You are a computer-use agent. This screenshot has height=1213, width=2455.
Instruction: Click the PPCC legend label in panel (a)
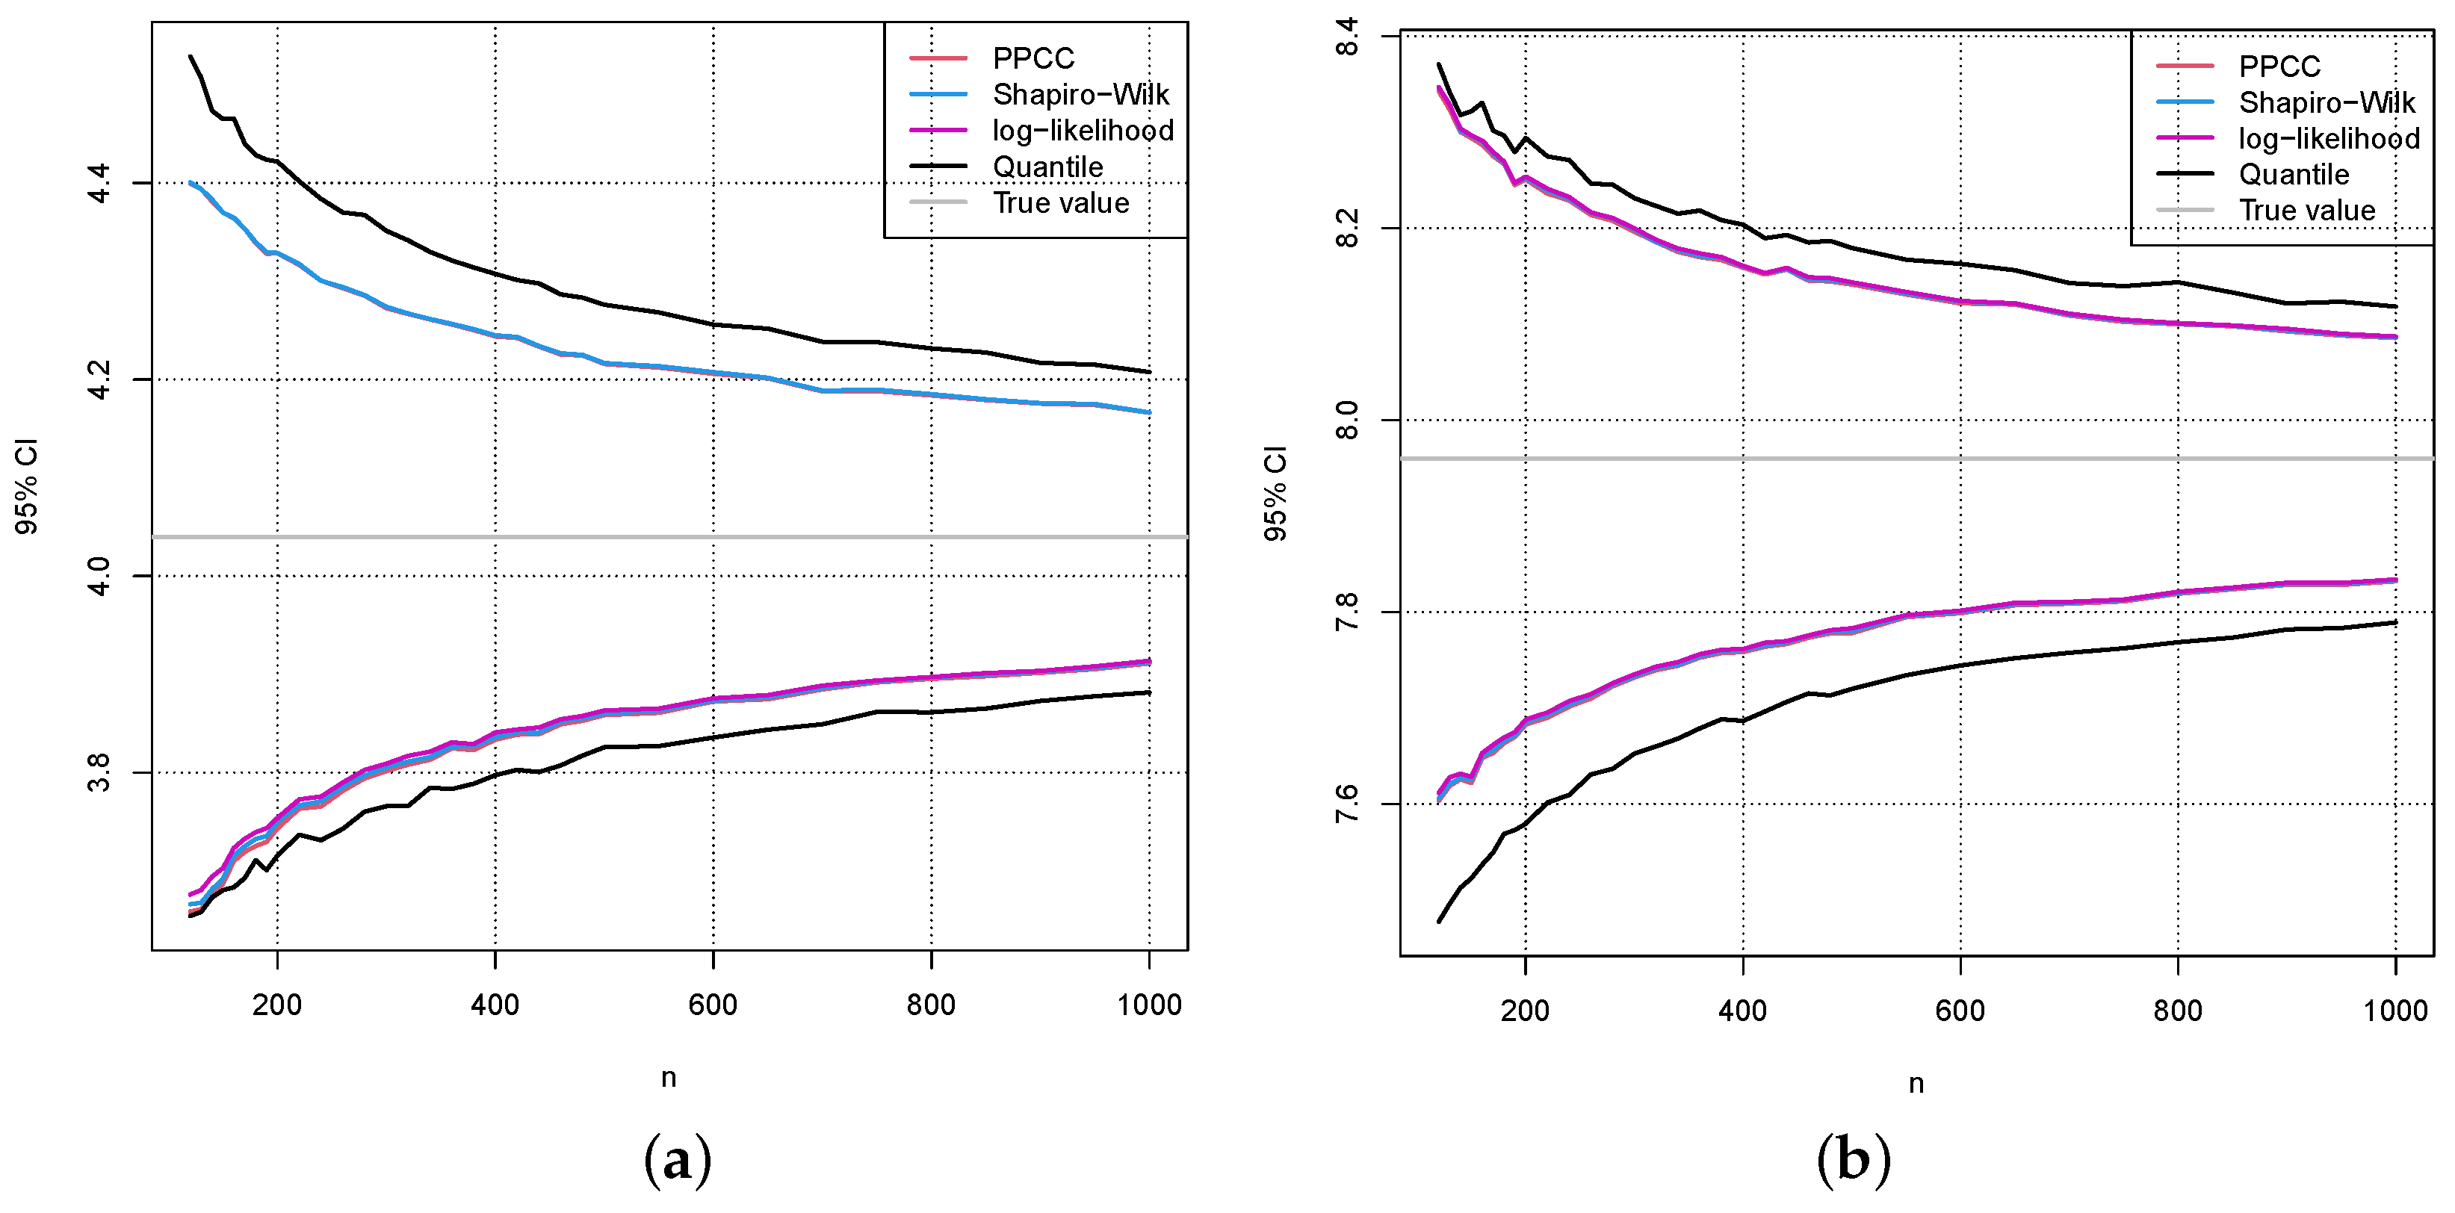point(1033,59)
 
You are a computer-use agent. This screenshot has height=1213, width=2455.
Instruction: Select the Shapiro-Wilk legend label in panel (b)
point(2326,103)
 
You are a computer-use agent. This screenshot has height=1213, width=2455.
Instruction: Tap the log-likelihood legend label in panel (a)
point(1083,131)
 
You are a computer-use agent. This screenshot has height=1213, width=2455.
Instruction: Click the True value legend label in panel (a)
point(1061,203)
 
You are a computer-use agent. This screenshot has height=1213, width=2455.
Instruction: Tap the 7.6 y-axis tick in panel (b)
point(1346,804)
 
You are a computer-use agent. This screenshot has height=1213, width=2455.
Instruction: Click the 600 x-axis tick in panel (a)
point(713,1005)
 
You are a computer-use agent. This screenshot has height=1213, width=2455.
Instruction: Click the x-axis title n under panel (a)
point(669,1079)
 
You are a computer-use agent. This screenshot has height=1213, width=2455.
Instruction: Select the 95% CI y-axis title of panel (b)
point(1275,494)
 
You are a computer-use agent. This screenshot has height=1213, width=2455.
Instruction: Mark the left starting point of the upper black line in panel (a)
point(191,56)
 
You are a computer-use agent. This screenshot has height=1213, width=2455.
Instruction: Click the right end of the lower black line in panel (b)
point(2395,622)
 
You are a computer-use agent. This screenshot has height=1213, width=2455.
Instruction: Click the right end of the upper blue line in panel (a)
point(1149,412)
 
